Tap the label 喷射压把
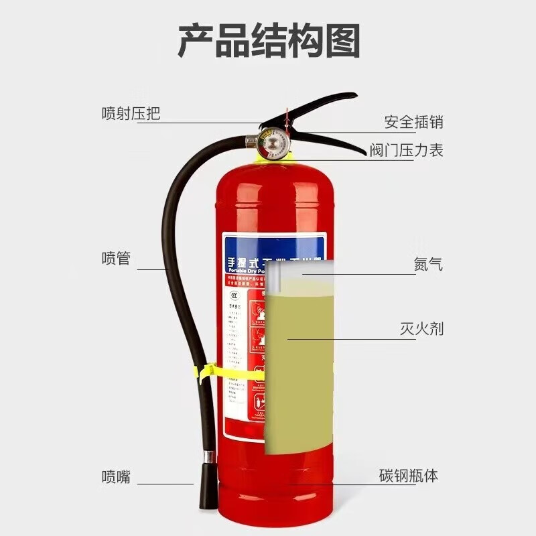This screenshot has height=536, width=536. [131, 113]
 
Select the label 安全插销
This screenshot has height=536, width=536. [413, 123]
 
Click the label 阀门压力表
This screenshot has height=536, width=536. [406, 150]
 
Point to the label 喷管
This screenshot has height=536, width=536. [116, 259]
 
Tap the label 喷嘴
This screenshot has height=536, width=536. [116, 477]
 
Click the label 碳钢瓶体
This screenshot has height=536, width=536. [408, 476]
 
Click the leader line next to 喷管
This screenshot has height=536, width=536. [151, 269]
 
